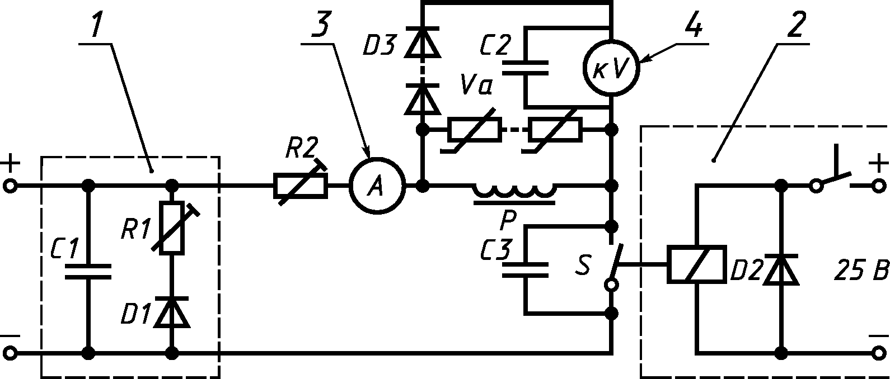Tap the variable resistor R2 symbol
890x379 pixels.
[301, 186]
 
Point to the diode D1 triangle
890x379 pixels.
[172, 311]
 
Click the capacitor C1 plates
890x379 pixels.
[88, 271]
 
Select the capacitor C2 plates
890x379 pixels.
[525, 68]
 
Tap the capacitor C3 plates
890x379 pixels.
[525, 269]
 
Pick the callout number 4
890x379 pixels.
[694, 24]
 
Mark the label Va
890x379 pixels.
[476, 84]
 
